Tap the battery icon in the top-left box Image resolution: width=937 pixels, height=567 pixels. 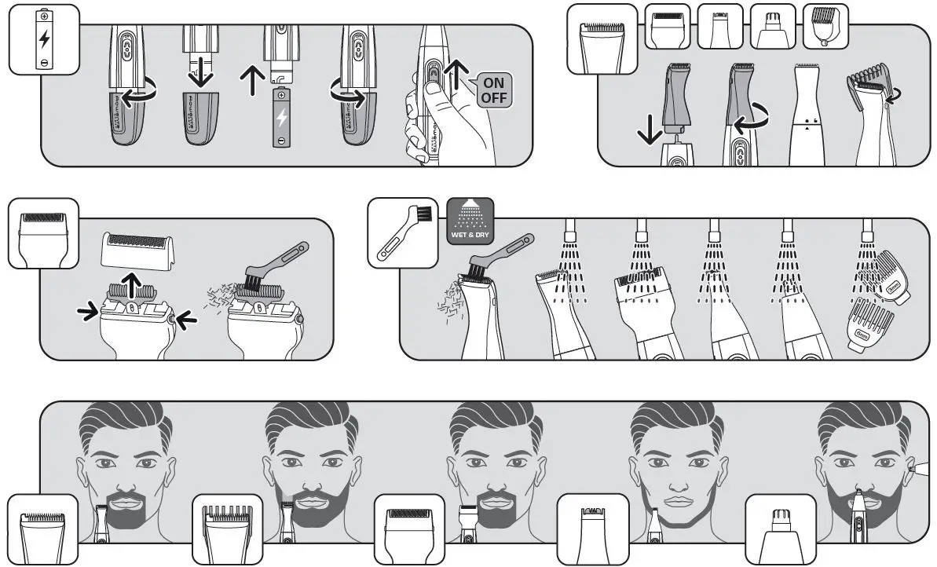pyautogui.click(x=44, y=38)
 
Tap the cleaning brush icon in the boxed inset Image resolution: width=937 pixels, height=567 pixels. pyautogui.click(x=402, y=232)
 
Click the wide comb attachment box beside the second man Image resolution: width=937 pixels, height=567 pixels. pyautogui.click(x=227, y=529)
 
